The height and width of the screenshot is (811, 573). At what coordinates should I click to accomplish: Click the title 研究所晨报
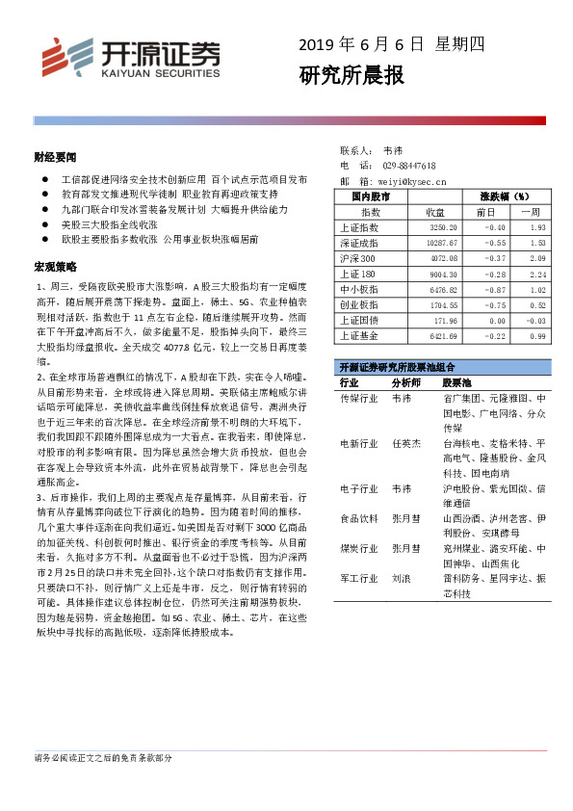[352, 76]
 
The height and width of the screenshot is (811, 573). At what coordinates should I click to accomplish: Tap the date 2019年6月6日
[361, 44]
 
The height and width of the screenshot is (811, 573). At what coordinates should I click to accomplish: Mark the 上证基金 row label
[359, 336]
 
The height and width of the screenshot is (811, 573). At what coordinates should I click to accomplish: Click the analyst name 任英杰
[405, 443]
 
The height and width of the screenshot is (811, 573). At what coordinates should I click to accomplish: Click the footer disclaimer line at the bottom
[103, 759]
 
